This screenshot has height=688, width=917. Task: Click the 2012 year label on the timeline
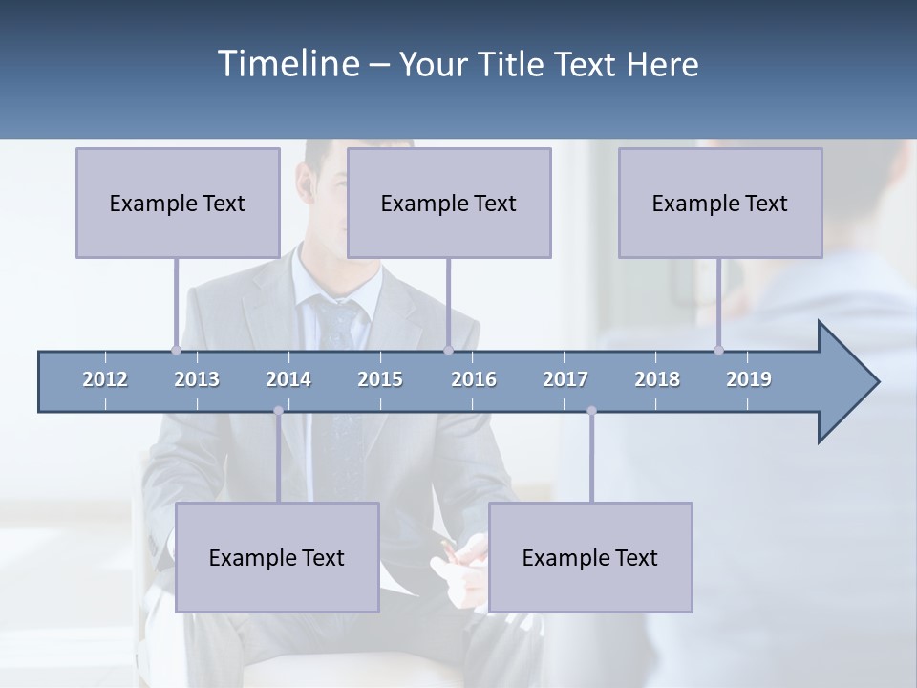(x=105, y=379)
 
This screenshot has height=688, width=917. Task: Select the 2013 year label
(x=197, y=379)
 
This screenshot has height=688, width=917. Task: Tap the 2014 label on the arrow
(x=288, y=379)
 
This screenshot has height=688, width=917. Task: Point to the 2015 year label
(x=380, y=379)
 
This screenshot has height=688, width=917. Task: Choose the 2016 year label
(x=474, y=379)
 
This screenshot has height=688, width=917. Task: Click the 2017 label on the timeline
(x=565, y=379)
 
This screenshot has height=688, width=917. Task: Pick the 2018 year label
(x=657, y=379)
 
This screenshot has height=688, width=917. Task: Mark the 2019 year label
(x=749, y=379)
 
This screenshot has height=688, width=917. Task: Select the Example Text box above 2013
(x=178, y=203)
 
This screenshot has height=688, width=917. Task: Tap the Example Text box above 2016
(x=449, y=203)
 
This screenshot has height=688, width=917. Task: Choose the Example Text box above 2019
(x=720, y=203)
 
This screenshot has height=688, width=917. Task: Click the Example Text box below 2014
(x=277, y=557)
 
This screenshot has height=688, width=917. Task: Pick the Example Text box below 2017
(x=590, y=557)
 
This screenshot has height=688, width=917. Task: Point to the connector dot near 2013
(x=176, y=350)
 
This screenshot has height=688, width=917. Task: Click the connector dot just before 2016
(x=448, y=350)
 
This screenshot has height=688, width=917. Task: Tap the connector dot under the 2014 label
(x=278, y=411)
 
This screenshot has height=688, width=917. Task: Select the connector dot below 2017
(x=591, y=411)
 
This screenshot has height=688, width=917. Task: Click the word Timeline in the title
(x=288, y=64)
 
